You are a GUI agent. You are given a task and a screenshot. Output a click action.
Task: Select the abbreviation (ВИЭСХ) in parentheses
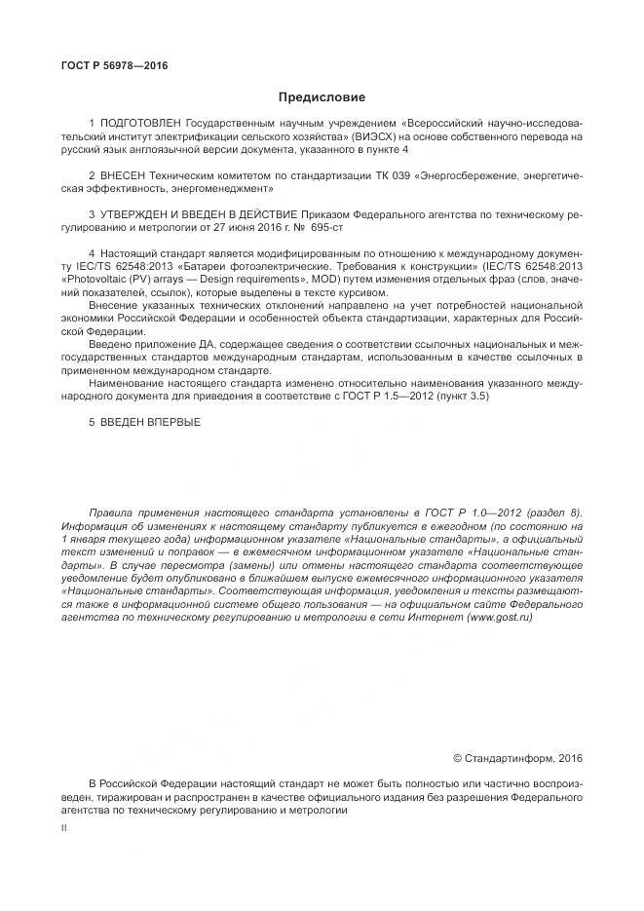pos(381,138)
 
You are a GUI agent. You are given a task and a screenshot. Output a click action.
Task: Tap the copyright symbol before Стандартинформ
pos(458,757)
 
